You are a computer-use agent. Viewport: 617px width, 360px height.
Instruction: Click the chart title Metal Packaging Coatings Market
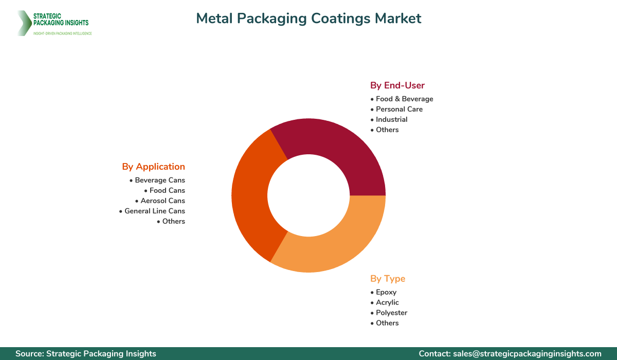pos(308,19)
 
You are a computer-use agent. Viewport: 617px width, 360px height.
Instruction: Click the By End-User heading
pos(397,85)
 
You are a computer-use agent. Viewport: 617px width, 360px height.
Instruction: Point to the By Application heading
pos(153,167)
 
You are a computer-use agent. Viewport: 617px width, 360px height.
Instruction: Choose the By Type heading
pos(388,279)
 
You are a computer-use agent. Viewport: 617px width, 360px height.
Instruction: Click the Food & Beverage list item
pos(404,99)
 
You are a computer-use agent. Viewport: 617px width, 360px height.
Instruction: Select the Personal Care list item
pos(399,109)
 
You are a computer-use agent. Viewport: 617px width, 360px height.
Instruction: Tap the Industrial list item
pos(391,119)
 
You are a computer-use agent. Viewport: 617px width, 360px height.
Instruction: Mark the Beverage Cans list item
pos(159,180)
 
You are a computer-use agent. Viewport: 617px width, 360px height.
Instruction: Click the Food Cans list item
pos(167,190)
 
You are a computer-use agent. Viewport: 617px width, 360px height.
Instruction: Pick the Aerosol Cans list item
pos(162,201)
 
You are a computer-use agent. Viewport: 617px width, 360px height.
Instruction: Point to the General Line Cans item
pos(154,211)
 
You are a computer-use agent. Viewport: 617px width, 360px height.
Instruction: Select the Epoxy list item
pos(386,292)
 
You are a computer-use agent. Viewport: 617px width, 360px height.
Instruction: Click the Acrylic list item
pos(387,302)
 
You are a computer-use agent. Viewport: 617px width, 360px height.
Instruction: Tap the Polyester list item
pos(391,313)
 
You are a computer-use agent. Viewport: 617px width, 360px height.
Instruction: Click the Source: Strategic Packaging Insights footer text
pos(86,354)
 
